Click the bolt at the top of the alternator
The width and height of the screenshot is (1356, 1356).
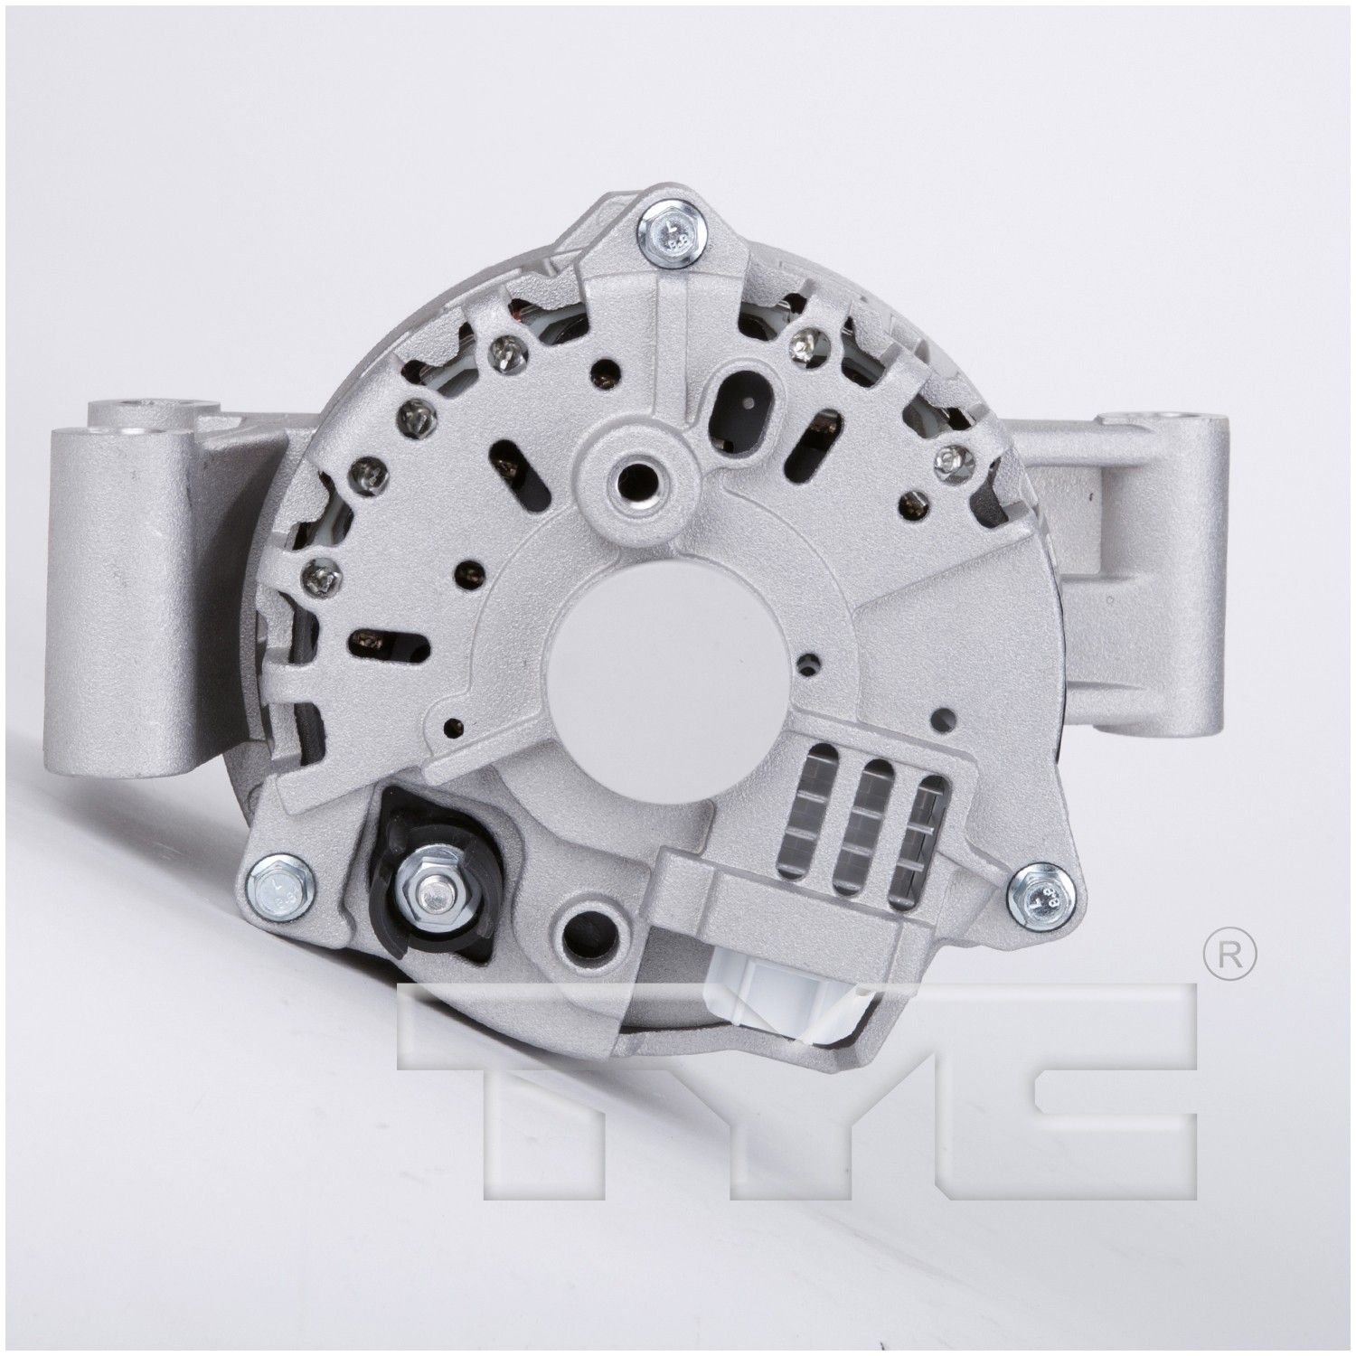671,237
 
